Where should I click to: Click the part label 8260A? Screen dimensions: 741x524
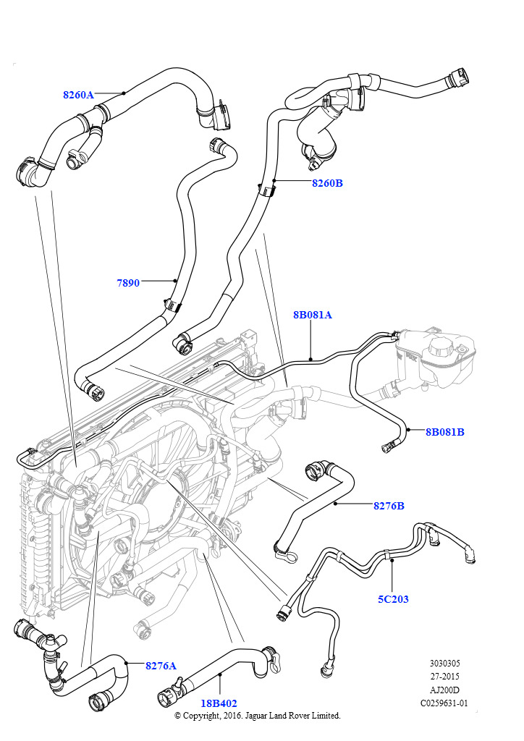[x=78, y=95]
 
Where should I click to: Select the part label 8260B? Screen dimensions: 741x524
[x=327, y=183]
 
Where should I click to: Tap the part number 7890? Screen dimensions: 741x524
[x=128, y=283]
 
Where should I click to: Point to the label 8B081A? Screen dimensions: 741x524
[x=312, y=315]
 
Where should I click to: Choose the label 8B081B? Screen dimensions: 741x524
[x=444, y=432]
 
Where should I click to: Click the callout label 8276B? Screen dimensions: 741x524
[x=389, y=506]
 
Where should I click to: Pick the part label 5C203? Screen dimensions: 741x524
[x=392, y=599]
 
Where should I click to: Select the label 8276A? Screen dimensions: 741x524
[x=161, y=665]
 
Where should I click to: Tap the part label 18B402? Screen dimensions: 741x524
[x=219, y=703]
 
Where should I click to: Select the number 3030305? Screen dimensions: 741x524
[x=444, y=663]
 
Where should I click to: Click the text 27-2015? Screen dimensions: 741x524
[x=444, y=676]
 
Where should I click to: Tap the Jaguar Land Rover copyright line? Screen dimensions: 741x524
[x=257, y=715]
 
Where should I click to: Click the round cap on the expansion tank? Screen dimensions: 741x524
[x=439, y=347]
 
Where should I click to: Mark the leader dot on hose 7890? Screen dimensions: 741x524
[x=175, y=281]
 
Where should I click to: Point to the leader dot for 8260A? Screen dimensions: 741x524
[x=124, y=93]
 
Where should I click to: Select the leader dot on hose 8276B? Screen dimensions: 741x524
[x=336, y=504]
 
